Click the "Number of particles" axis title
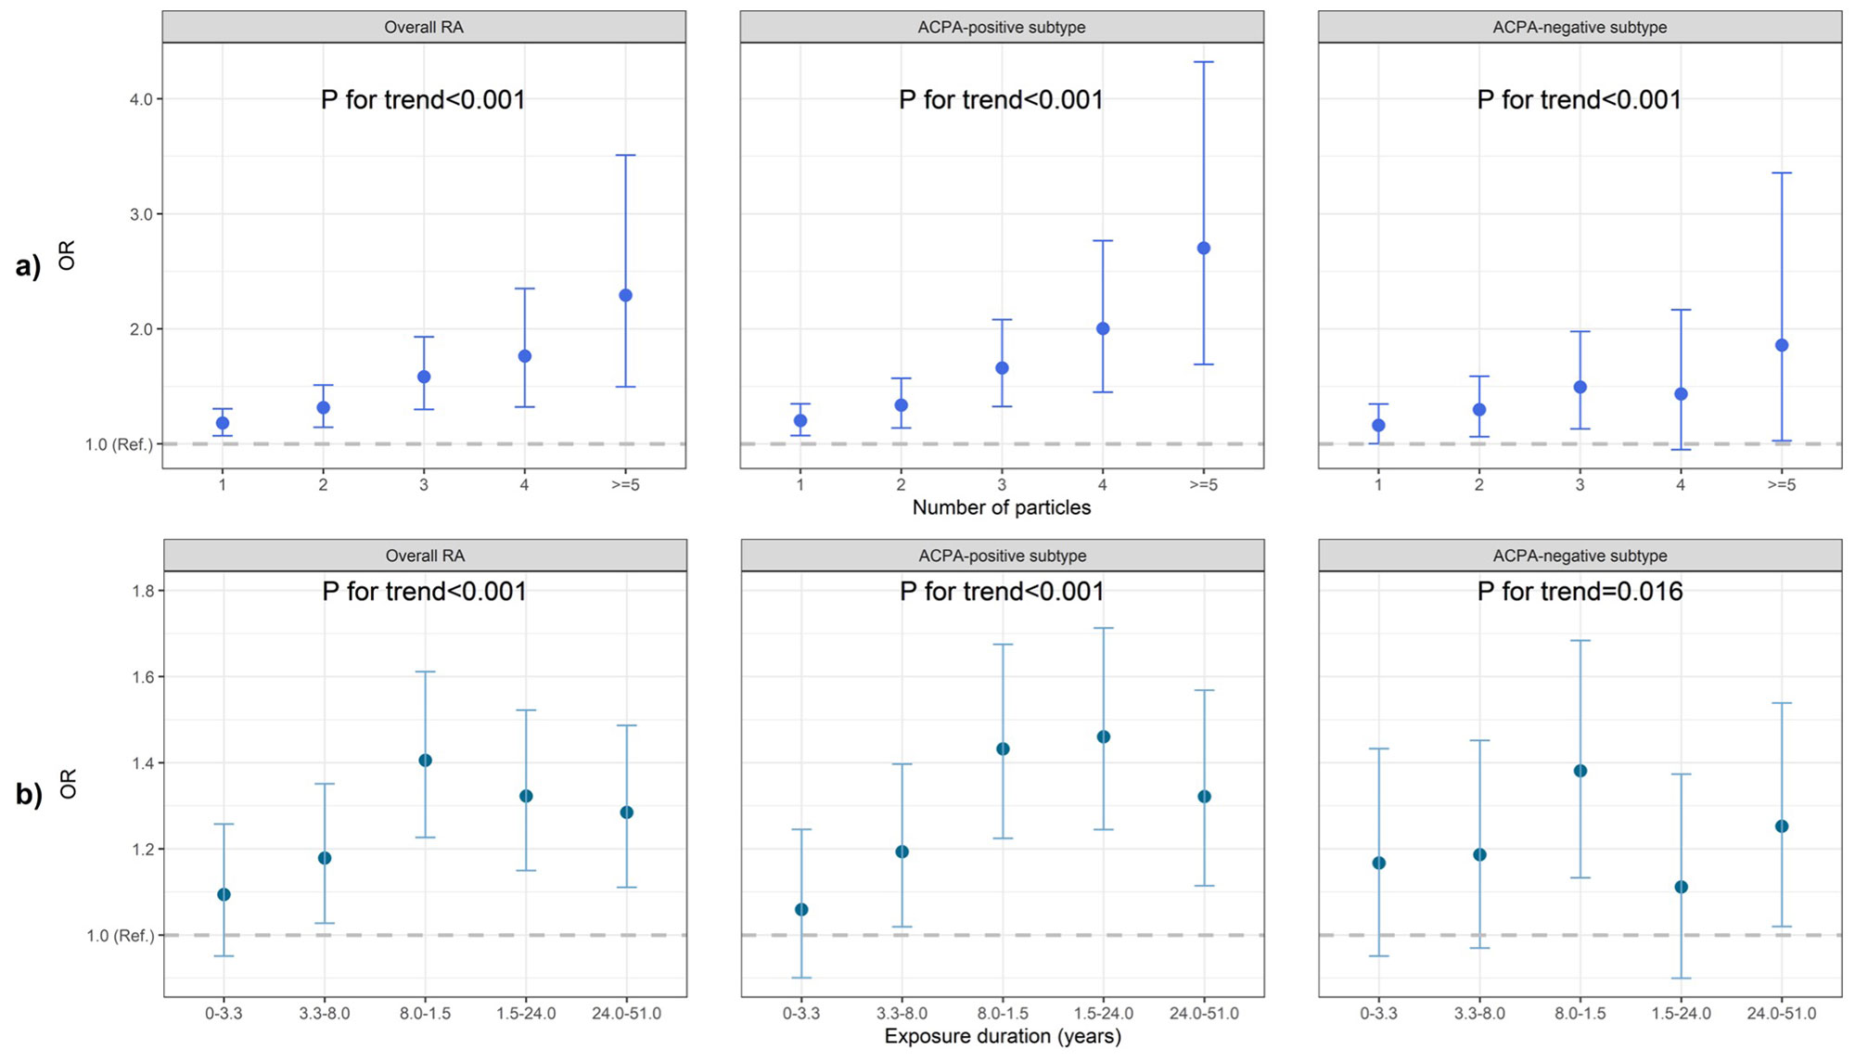click(x=1001, y=507)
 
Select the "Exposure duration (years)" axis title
click(x=1003, y=1036)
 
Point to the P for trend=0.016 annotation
click(x=1580, y=591)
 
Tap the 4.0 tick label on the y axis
click(x=141, y=99)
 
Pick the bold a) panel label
click(x=28, y=267)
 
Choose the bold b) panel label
click(x=28, y=795)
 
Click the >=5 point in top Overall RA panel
click(x=625, y=295)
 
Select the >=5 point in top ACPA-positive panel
click(x=1204, y=248)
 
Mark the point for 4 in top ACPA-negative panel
click(x=1681, y=394)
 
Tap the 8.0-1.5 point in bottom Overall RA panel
click(x=425, y=761)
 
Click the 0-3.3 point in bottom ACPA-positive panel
click(x=801, y=910)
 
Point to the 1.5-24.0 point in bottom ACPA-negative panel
click(x=1681, y=887)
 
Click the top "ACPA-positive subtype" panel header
click(x=1002, y=27)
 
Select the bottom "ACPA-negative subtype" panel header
click(x=1580, y=556)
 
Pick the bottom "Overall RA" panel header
click(x=425, y=556)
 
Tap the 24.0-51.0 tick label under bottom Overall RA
click(x=626, y=1013)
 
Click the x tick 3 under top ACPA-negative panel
click(x=1580, y=484)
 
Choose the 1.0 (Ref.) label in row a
click(x=119, y=444)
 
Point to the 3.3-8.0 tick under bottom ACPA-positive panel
click(x=902, y=1013)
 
